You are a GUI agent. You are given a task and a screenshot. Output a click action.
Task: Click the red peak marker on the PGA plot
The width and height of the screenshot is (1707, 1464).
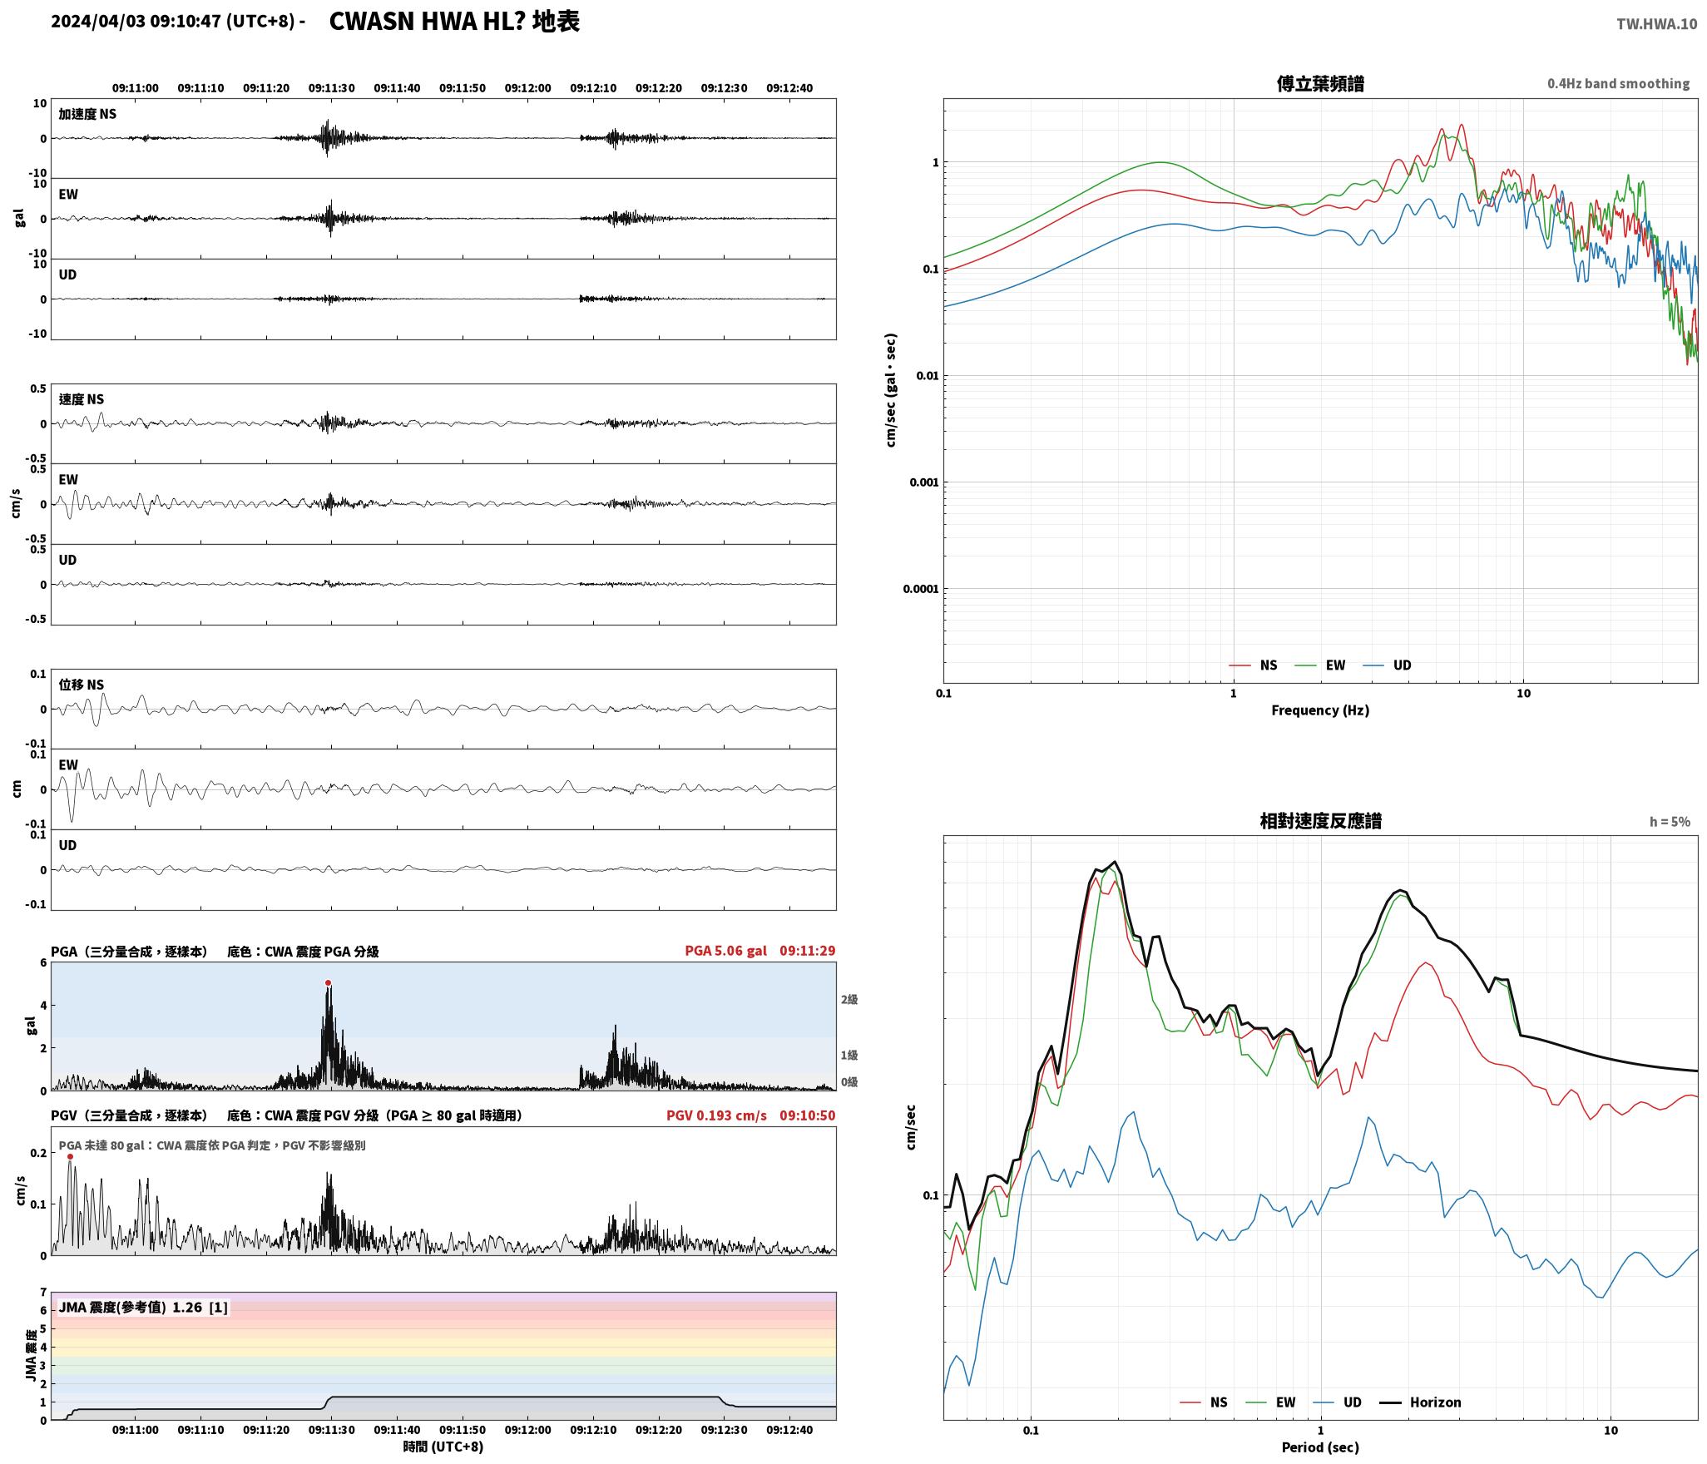pos(328,983)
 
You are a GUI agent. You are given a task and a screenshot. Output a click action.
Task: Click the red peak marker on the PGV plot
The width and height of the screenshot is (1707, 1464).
pos(70,1156)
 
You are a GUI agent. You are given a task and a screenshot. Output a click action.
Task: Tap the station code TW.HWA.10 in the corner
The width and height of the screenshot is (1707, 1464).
pos(1656,24)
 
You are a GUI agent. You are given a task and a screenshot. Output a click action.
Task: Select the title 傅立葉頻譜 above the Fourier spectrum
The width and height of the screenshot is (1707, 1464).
pos(1320,84)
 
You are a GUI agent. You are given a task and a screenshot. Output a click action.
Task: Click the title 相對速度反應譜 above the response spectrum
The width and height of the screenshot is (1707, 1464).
pos(1320,821)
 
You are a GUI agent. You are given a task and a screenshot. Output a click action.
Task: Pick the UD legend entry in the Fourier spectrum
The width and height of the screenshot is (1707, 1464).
pos(1387,665)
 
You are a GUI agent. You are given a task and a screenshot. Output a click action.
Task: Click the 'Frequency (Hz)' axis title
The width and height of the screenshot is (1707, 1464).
pos(1320,710)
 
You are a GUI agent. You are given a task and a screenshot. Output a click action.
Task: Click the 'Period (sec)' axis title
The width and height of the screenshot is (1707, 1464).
pos(1320,1447)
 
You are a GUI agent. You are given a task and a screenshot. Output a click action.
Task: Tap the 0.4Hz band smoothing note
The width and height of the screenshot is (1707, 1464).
pos(1618,84)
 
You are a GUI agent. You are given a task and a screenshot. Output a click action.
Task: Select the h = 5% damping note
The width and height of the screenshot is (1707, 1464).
pos(1670,822)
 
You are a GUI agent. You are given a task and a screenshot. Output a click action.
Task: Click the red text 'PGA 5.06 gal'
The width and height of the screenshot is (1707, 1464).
pos(725,951)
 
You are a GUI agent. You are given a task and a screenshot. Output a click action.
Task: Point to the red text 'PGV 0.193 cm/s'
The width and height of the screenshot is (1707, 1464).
pos(716,1115)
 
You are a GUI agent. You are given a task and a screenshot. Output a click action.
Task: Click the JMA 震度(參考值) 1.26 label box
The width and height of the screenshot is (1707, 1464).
pos(143,1308)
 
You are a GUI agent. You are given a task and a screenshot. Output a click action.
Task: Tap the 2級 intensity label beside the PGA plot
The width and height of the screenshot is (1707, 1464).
pos(849,1000)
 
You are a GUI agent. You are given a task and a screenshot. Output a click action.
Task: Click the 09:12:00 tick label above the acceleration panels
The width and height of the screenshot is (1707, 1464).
pos(527,88)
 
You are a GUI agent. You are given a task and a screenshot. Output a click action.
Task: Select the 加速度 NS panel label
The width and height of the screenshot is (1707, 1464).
pos(87,114)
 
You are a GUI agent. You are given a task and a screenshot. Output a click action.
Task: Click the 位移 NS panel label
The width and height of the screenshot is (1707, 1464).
pos(82,685)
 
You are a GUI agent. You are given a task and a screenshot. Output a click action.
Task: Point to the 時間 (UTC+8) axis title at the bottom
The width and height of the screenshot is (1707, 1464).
pos(443,1447)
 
